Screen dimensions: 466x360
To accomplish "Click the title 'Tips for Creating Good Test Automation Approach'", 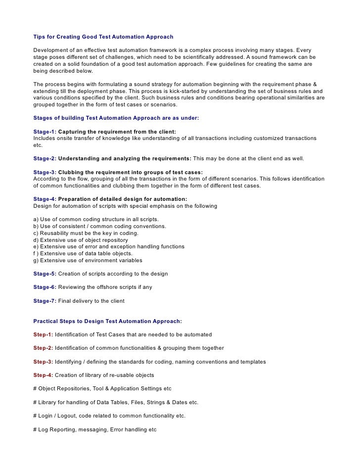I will pyautogui.click(x=103, y=37).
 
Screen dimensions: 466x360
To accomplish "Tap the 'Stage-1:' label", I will pyautogui.click(x=45, y=132).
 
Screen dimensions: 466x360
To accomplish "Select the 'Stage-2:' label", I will pyautogui.click(x=45, y=158).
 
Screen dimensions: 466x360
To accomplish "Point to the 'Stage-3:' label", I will pyautogui.click(x=45, y=172).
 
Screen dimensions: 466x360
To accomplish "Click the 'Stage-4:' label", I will pyautogui.click(x=45, y=199).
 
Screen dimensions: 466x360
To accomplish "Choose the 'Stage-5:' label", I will pyautogui.click(x=45, y=274).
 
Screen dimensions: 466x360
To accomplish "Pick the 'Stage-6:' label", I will pyautogui.click(x=45, y=287).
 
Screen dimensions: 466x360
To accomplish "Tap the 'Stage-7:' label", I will pyautogui.click(x=45, y=301).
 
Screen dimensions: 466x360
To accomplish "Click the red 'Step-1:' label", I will pyautogui.click(x=43, y=335).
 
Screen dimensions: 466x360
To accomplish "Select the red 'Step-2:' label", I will pyautogui.click(x=43, y=348).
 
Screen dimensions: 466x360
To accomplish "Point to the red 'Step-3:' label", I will pyautogui.click(x=43, y=362).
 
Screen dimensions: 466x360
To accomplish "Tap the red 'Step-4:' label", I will pyautogui.click(x=43, y=375).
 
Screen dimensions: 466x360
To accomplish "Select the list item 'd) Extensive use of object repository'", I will pyautogui.click(x=82, y=240).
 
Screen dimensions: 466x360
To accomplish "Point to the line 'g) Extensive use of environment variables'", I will pyautogui.click(x=88, y=260).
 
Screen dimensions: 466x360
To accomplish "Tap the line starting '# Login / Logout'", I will pyautogui.click(x=109, y=416).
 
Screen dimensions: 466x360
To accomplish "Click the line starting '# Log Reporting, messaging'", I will pyautogui.click(x=94, y=429).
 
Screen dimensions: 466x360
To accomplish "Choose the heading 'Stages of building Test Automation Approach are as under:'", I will pyautogui.click(x=116, y=118).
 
